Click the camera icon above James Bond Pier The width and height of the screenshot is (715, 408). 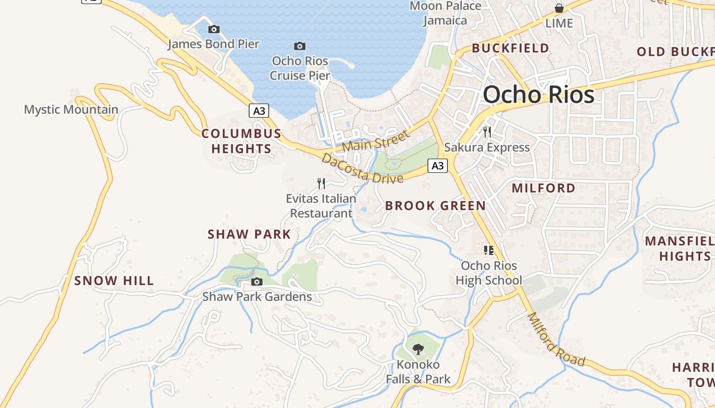coord(214,30)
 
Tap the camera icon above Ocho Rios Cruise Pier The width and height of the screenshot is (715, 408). coord(300,46)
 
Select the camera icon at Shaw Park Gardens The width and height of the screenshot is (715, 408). coord(257,282)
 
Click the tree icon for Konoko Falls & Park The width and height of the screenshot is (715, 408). coord(418,349)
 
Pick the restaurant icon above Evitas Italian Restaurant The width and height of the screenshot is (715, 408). coord(321,183)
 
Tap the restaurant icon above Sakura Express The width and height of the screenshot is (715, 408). coord(487,132)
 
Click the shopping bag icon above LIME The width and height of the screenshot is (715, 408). coord(559,8)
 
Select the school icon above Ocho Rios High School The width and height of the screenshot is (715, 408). coord(489,250)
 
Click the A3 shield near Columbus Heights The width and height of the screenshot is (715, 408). coord(259,111)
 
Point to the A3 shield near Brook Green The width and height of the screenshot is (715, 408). coord(438,166)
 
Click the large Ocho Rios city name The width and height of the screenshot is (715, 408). coord(538,95)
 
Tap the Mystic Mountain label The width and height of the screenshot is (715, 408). coord(71,110)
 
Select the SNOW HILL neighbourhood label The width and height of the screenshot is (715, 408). coord(114,280)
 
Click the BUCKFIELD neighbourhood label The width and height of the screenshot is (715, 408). coord(510,48)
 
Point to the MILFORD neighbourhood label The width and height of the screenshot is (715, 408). coord(543,188)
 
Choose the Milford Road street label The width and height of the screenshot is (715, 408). coord(556,340)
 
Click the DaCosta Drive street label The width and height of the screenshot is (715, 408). coord(362,169)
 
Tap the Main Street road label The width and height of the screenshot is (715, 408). coord(376,141)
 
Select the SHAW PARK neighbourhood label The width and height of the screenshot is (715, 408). coord(249,235)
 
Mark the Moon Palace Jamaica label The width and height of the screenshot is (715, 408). coord(445,13)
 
